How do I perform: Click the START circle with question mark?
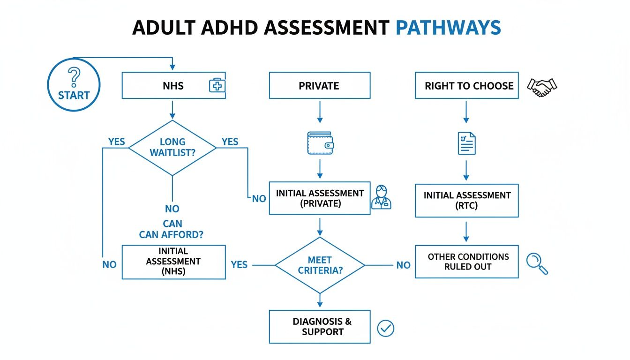74,84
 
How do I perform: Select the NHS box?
173,85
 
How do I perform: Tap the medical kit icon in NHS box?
217,85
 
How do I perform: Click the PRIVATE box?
319,85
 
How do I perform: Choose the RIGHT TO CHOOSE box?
466,85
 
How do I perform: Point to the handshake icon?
542,87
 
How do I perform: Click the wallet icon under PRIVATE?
321,142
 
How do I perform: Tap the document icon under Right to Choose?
466,143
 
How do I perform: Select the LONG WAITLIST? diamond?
172,148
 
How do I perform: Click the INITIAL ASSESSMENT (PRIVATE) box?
319,198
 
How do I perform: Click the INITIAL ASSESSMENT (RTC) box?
466,201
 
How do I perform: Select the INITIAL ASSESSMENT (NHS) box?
173,262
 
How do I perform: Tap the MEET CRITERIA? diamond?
320,265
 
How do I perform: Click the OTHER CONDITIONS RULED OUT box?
466,262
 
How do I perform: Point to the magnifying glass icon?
537,263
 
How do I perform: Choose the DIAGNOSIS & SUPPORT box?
319,327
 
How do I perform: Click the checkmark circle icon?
385,328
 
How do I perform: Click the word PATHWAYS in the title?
448,28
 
